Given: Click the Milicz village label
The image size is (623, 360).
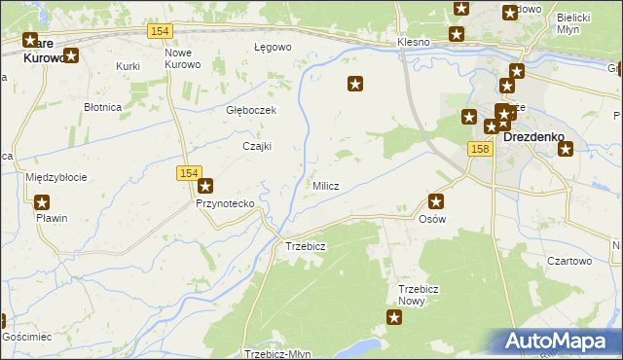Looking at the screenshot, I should [x=325, y=186].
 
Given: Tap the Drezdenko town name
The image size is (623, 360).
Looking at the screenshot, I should [x=534, y=137].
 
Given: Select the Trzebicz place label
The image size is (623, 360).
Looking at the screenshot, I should [x=305, y=246].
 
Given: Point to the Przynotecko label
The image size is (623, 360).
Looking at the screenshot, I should [x=225, y=203].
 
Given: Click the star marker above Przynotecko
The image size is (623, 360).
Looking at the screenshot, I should [x=205, y=185].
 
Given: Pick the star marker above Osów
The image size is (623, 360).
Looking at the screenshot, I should [x=436, y=201].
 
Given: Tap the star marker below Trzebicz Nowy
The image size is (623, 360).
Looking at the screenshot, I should [x=394, y=317].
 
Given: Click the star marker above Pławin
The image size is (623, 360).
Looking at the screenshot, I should [x=43, y=202].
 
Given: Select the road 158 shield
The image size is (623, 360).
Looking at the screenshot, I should [x=478, y=149].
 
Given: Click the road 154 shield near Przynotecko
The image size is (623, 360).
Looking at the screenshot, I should [x=189, y=173].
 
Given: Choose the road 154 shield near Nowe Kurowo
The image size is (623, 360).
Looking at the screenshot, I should [x=161, y=32].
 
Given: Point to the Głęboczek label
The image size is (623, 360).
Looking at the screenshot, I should [x=251, y=110].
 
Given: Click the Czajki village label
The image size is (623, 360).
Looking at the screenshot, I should [x=256, y=146].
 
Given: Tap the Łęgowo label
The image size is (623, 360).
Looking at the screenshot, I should [x=273, y=47].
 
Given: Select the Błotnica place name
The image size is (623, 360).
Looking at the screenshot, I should [x=102, y=107].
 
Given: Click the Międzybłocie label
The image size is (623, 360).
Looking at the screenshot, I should [x=56, y=177].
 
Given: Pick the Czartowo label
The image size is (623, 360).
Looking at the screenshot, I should [x=569, y=261].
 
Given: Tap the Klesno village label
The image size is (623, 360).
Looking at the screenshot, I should [x=415, y=44].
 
